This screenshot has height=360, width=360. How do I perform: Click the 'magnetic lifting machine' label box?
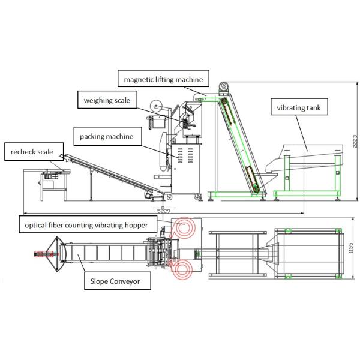(x=163, y=79)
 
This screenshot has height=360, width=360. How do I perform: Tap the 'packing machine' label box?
(x=107, y=137)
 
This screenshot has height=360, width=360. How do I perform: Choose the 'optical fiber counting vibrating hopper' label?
(x=91, y=225)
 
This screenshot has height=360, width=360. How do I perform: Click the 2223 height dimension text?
(x=355, y=142)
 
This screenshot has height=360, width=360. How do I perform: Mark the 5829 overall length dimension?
(x=162, y=211)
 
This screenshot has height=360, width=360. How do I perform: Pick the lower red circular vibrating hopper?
(x=184, y=269)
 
